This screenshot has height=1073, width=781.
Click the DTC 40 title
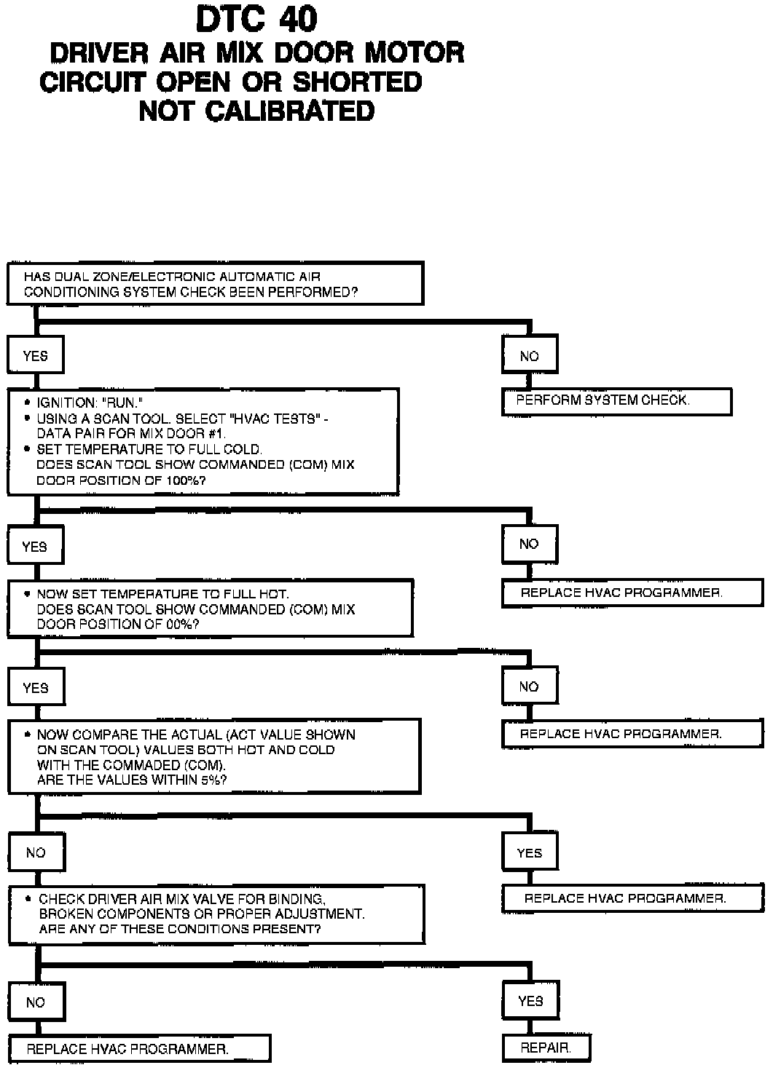256,20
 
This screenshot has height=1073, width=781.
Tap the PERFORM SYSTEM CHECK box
616,401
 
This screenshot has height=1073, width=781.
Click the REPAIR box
546,1048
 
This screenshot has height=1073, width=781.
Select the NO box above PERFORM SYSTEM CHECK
530,356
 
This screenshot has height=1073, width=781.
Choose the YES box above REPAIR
530,1001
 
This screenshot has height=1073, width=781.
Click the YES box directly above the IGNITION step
35,356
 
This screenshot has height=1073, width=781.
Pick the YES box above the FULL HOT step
35,547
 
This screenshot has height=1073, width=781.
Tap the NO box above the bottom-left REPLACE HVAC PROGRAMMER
36,1002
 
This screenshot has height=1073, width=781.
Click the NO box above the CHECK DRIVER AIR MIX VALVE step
36,852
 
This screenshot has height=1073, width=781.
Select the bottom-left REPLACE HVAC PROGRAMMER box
138,1049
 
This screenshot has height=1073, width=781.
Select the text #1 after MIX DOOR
215,434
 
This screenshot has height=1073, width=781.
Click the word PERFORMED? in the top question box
320,292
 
